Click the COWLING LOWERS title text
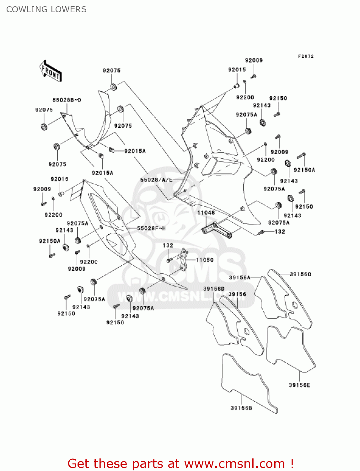(46, 9)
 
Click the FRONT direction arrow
(50, 71)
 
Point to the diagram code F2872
(306, 56)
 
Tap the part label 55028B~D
(67, 100)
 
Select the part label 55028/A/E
(156, 180)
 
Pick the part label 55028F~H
(151, 228)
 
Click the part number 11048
(206, 213)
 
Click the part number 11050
(205, 260)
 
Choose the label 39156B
(241, 408)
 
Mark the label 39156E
(299, 385)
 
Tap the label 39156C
(300, 274)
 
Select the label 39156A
(240, 277)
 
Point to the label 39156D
(214, 289)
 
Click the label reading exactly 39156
(237, 294)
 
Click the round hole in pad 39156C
(294, 304)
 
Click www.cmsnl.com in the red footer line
(234, 464)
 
